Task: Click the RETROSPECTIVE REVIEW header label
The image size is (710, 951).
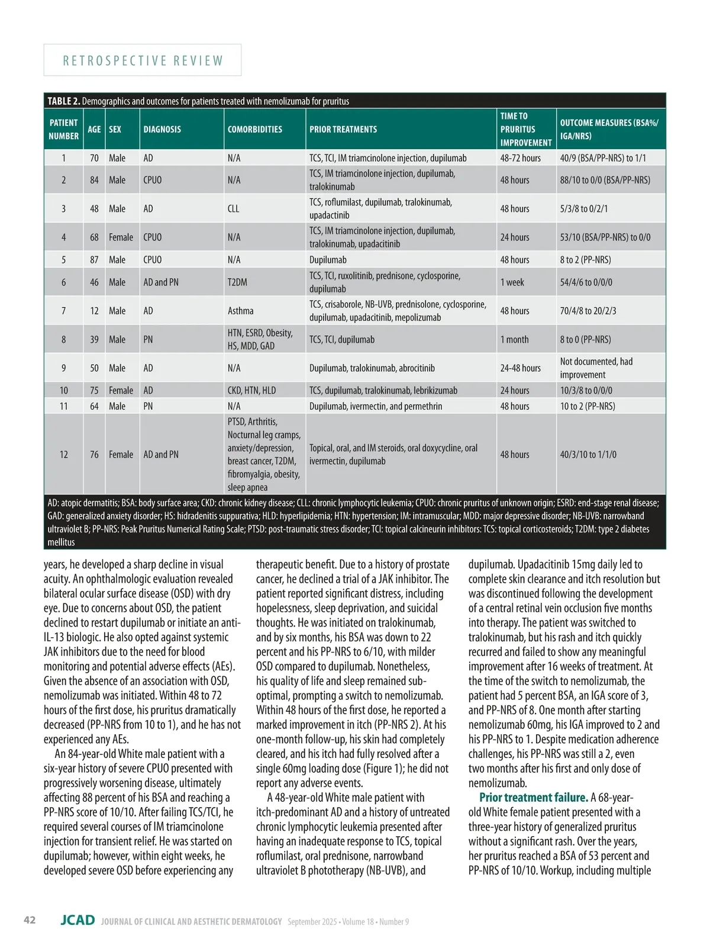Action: (x=143, y=60)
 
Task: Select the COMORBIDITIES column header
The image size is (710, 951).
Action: (x=255, y=129)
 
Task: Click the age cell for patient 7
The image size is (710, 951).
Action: (x=94, y=311)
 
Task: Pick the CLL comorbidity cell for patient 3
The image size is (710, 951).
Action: (x=234, y=208)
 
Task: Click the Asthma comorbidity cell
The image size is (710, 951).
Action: (x=240, y=311)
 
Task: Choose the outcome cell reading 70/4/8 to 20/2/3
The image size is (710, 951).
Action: (x=588, y=311)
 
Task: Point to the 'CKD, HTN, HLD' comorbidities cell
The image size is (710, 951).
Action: (x=251, y=390)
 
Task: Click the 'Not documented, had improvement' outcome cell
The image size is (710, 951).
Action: (x=596, y=368)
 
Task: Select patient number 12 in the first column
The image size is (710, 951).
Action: (x=63, y=454)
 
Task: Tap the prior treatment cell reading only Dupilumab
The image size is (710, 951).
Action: (x=328, y=259)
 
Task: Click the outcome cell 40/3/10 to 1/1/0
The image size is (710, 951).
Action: (x=588, y=454)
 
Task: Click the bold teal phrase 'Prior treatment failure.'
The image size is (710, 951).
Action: (x=533, y=798)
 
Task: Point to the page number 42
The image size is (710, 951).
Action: (x=30, y=920)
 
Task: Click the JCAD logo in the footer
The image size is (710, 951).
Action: (x=78, y=920)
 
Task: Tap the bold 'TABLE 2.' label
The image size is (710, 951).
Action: (x=63, y=101)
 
